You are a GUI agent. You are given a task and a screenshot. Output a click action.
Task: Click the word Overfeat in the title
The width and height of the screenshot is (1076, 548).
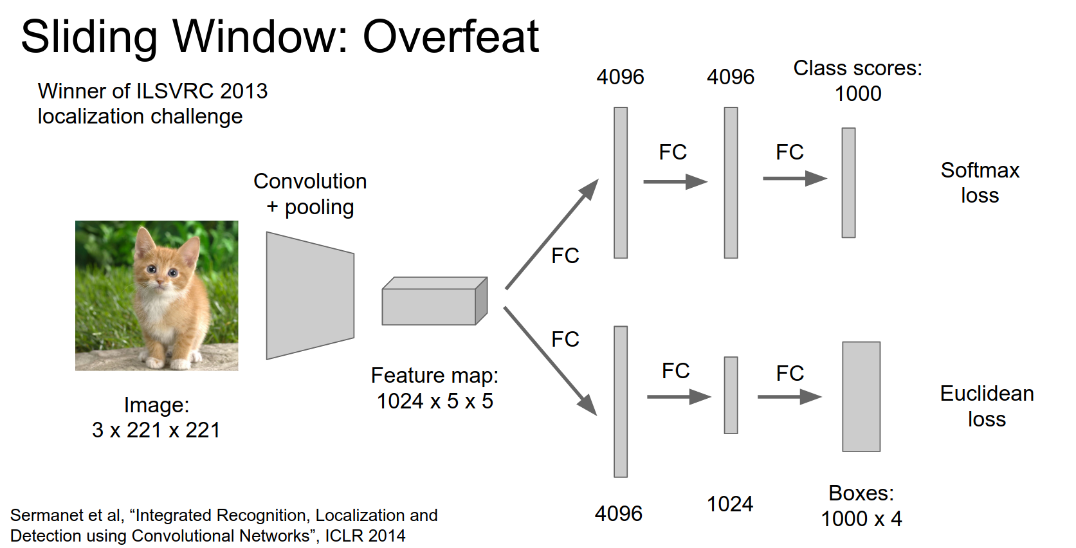(x=450, y=37)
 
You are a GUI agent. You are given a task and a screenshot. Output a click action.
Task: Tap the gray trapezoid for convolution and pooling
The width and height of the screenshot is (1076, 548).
(x=310, y=295)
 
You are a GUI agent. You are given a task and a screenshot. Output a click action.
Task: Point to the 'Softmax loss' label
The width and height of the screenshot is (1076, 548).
(x=980, y=183)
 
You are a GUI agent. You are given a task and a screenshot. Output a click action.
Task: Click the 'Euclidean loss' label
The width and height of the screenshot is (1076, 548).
(x=987, y=406)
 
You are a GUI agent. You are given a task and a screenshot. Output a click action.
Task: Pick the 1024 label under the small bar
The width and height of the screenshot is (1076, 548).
(x=730, y=504)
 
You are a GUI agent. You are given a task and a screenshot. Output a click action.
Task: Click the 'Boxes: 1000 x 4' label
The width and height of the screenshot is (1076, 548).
(x=861, y=506)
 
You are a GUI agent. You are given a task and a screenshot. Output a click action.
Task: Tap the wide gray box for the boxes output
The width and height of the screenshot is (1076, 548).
(x=861, y=396)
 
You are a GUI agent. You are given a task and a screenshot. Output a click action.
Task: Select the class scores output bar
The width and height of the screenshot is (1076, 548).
(x=848, y=183)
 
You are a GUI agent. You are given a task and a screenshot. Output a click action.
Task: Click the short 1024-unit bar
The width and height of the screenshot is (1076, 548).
(x=731, y=395)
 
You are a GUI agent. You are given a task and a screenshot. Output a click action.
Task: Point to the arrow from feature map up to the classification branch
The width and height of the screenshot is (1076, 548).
(x=552, y=234)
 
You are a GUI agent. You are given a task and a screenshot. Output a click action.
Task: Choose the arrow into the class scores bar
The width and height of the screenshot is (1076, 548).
(x=794, y=178)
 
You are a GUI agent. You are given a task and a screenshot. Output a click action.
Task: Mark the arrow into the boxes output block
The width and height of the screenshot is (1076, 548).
(x=789, y=397)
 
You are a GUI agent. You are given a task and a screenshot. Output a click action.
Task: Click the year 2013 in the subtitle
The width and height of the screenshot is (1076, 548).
(x=244, y=91)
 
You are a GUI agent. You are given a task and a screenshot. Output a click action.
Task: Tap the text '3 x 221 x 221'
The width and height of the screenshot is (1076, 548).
(x=156, y=430)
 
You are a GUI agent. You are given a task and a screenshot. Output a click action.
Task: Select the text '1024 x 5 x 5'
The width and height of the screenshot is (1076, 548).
(x=435, y=401)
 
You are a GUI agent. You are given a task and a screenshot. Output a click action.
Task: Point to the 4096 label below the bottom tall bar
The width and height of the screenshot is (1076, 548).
(x=619, y=513)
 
